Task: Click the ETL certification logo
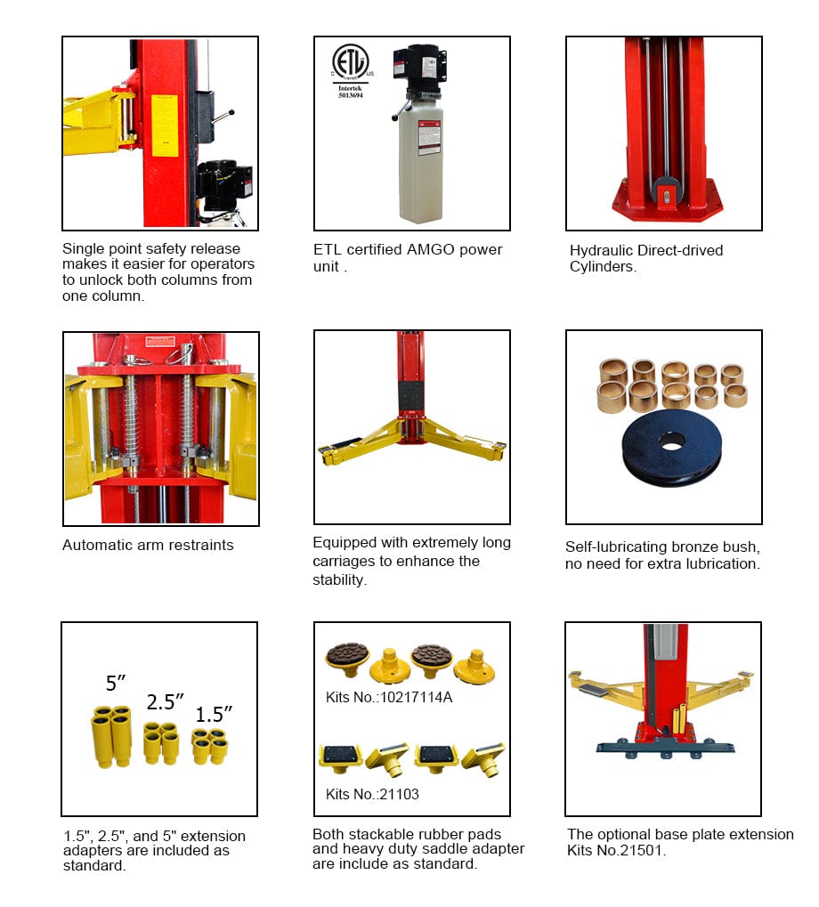pyautogui.click(x=351, y=63)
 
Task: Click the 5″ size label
pyautogui.click(x=117, y=684)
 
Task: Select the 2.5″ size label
pyautogui.click(x=166, y=701)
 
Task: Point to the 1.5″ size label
pyautogui.click(x=214, y=714)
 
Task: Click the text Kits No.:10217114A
pyautogui.click(x=389, y=697)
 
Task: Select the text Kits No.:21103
pyautogui.click(x=372, y=794)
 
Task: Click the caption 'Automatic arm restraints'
pyautogui.click(x=148, y=545)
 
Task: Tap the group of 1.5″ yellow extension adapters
pyautogui.click(x=209, y=746)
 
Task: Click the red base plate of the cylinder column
pyautogui.click(x=663, y=199)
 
